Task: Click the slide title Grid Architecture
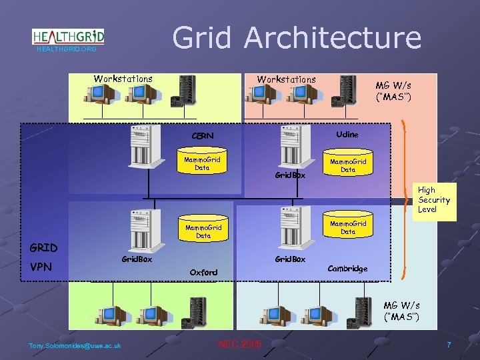[x=297, y=37]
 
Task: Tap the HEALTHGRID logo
[x=68, y=36]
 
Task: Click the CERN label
[x=203, y=136]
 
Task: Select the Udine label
[x=347, y=135]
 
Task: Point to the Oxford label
[x=203, y=272]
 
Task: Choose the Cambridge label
[x=347, y=269]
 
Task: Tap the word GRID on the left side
[x=43, y=248]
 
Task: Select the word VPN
[x=41, y=267]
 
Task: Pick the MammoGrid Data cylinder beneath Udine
[x=348, y=165]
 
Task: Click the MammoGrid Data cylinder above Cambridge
[x=348, y=227]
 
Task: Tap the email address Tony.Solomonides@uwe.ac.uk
[x=75, y=345]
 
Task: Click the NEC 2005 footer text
[x=240, y=344]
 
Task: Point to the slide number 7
[x=449, y=345]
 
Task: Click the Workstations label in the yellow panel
[x=123, y=79]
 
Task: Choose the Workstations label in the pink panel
[x=287, y=79]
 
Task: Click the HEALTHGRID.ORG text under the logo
[x=67, y=49]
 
